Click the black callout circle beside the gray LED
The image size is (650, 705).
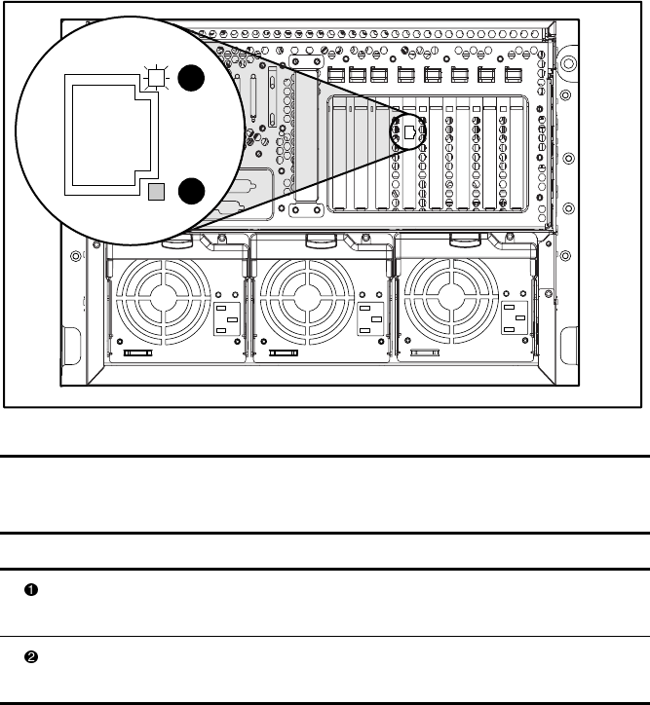pos(191,192)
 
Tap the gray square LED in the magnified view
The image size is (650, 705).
pos(155,192)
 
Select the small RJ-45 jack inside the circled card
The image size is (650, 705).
pos(411,130)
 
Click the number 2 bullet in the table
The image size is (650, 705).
pos(30,656)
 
